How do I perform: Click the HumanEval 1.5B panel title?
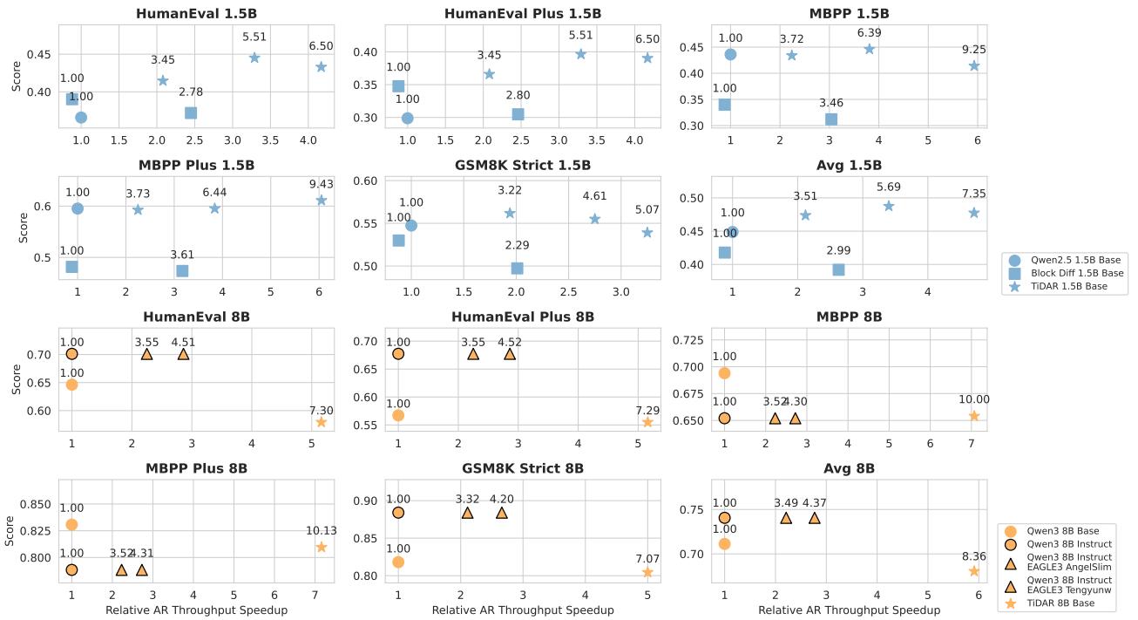[196, 14]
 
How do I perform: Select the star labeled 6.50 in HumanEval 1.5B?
[321, 67]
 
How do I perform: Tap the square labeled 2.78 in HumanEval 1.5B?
[191, 113]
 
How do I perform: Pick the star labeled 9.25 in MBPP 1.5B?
[974, 66]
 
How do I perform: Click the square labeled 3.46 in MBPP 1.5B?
[830, 119]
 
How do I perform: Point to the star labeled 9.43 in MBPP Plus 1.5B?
[322, 201]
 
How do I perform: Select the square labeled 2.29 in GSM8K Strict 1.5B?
[517, 269]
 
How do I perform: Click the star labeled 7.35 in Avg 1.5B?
[974, 213]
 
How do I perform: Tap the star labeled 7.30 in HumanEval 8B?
[321, 422]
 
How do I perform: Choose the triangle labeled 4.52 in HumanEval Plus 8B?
[509, 354]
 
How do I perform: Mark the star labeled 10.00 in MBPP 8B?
[974, 416]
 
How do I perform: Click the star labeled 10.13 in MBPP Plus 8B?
[322, 547]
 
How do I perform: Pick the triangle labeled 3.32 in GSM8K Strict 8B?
[467, 513]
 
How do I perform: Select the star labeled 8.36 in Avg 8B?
[974, 571]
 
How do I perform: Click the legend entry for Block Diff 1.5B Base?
[1067, 273]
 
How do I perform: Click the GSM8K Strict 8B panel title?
[522, 468]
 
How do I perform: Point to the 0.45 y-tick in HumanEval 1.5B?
[38, 54]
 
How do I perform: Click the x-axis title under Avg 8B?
[849, 610]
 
